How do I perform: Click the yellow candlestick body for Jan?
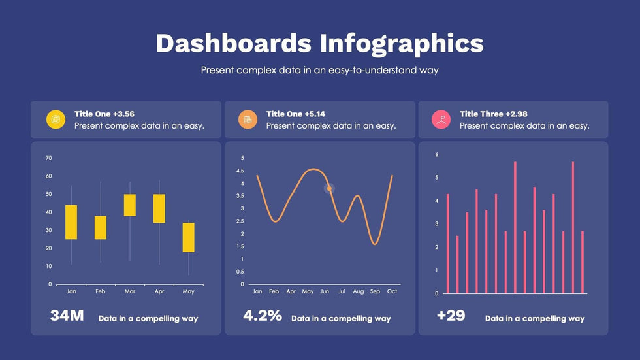[x=71, y=222]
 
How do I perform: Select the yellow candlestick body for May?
[x=188, y=237]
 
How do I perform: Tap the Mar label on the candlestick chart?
[x=130, y=291]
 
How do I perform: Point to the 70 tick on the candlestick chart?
[x=48, y=158]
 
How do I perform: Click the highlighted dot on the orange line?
[x=330, y=189]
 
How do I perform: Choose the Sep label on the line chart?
[x=375, y=291]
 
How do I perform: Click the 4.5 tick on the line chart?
[x=242, y=171]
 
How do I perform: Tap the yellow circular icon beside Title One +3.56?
[x=56, y=119]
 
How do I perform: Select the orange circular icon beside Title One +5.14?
[x=248, y=119]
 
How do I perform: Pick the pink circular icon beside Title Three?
[x=441, y=119]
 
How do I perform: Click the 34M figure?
[x=67, y=316]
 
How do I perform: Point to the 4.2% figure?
[x=263, y=316]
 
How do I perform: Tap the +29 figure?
[x=451, y=316]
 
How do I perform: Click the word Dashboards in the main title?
[x=233, y=43]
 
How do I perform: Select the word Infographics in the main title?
[x=402, y=43]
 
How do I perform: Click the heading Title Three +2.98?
[x=493, y=114]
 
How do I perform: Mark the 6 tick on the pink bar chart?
[x=437, y=155]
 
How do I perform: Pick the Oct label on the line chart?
[x=392, y=291]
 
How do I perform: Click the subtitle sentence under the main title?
[x=319, y=69]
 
